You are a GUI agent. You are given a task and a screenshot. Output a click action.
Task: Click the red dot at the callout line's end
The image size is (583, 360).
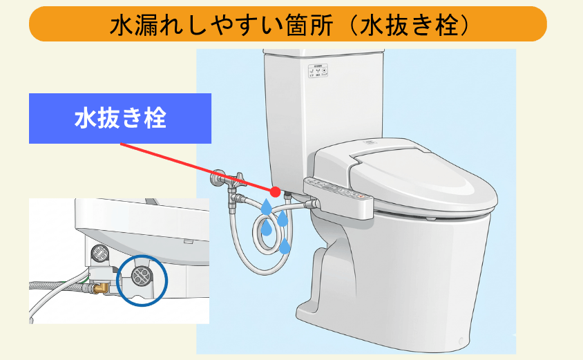coord(275,191)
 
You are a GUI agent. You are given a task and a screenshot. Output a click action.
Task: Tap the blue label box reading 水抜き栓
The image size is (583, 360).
coord(120,118)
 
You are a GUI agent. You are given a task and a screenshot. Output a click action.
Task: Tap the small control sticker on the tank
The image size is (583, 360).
coord(318,72)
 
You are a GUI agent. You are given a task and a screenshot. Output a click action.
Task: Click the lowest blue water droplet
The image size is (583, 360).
coord(285,246)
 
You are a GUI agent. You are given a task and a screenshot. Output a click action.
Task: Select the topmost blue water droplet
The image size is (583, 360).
coord(266,206)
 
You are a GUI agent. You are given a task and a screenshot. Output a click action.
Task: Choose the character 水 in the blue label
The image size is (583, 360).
coord(84,118)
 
